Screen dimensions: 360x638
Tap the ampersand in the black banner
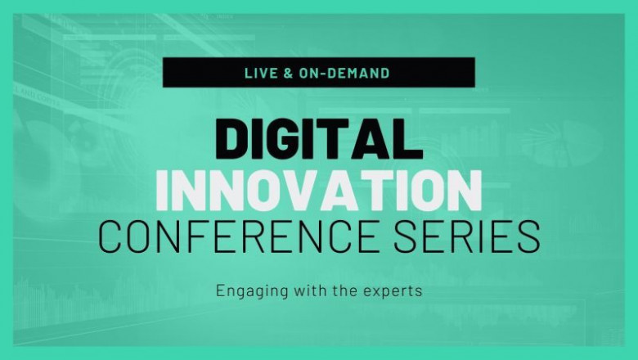click(287, 73)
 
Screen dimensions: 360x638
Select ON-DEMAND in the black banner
click(344, 73)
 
